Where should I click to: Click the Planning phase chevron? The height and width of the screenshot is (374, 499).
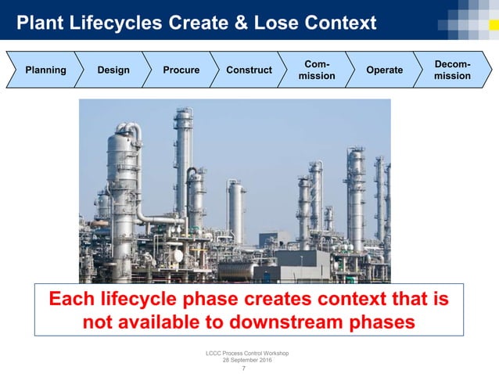click(x=45, y=70)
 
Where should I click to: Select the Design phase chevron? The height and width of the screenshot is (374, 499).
click(x=113, y=70)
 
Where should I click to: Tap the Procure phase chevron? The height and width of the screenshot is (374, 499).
click(x=181, y=70)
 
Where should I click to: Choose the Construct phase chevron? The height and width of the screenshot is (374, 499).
click(x=249, y=70)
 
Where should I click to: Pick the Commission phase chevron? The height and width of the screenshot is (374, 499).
click(x=318, y=70)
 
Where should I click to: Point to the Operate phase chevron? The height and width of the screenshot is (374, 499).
click(x=385, y=70)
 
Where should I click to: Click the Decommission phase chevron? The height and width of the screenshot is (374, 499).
click(x=453, y=70)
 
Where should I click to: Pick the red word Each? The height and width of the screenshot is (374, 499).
click(x=74, y=299)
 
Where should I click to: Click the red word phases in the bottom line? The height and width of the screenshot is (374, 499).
click(x=379, y=322)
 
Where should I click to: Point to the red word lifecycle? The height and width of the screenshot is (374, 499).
click(x=145, y=299)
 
